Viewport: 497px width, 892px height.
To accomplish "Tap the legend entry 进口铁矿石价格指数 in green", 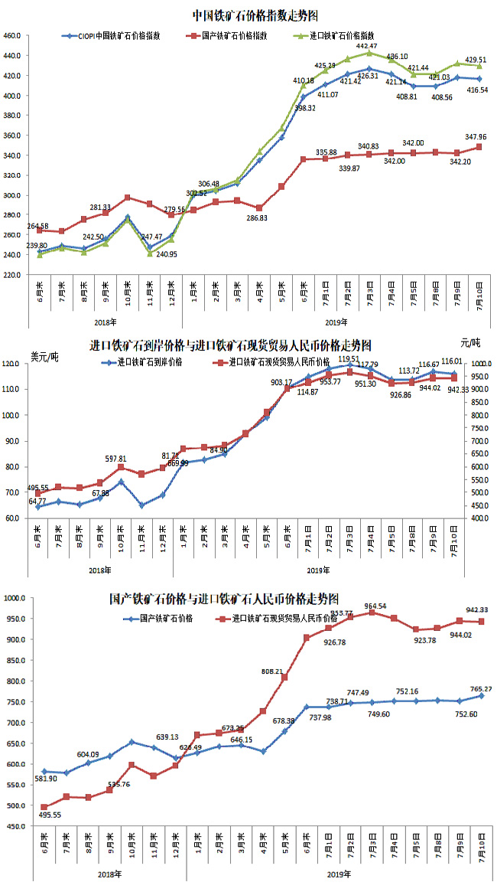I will click(339, 35).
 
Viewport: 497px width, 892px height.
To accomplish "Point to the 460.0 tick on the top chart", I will click(11, 36).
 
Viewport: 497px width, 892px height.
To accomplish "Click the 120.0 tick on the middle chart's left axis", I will click(11, 364).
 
